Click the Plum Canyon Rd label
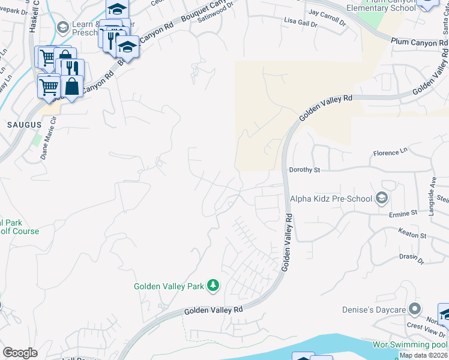(419, 43)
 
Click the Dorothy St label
(304, 170)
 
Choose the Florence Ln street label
(390, 153)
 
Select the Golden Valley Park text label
(169, 286)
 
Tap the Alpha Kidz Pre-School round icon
(381, 199)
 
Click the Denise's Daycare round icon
(414, 309)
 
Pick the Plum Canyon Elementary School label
(381, 7)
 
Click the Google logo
(19, 353)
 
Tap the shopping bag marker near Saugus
(72, 86)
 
